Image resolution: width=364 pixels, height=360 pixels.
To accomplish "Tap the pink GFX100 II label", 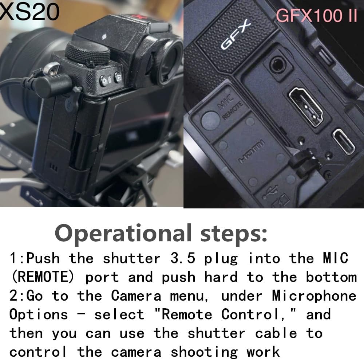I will point(316,15).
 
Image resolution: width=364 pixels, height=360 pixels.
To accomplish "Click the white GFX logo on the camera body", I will point(236,35).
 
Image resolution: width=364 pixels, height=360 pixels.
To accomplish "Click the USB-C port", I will point(344,141).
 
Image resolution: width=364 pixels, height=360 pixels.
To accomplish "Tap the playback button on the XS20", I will point(118,77).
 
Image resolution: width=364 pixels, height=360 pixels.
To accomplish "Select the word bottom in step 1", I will point(331,277).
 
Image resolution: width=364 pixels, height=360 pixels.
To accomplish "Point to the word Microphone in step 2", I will point(314,296).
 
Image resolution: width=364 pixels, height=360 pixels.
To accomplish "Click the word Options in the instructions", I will point(39,314).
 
